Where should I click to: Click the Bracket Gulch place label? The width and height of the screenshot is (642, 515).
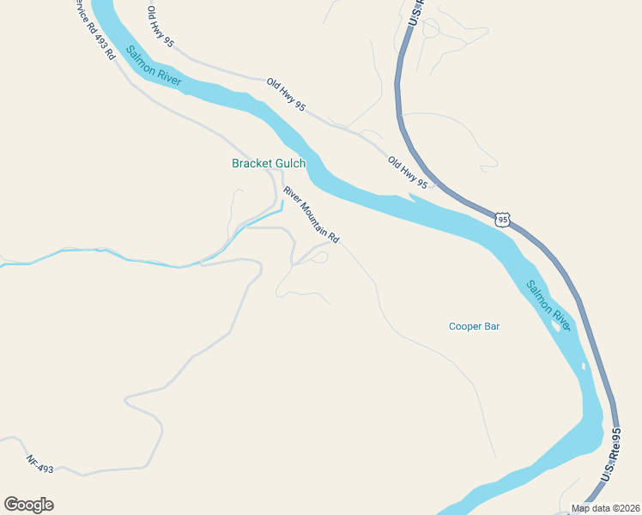coord(269,163)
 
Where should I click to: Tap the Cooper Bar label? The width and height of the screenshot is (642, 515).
coord(474,326)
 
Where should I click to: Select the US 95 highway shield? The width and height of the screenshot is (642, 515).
coord(502,220)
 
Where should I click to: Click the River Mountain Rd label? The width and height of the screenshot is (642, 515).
coord(312,215)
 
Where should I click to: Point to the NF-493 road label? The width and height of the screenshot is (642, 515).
coord(39,463)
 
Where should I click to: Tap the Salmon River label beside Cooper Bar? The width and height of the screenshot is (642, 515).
coord(546,303)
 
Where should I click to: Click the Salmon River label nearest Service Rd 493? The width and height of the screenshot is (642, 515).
coord(153,64)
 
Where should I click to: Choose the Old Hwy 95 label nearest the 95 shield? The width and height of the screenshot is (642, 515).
coord(407,173)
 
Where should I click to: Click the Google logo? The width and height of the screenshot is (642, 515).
coord(28,505)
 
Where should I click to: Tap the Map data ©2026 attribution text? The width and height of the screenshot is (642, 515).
coord(604,508)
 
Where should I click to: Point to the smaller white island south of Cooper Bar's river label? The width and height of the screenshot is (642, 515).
coord(584,367)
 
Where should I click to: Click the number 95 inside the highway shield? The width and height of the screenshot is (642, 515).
coord(502,221)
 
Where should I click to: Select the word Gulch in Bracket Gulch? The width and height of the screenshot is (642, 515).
coord(288,163)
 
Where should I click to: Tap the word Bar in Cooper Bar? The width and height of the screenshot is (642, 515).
coord(491,326)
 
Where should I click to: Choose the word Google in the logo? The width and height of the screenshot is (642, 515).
coord(28,505)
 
